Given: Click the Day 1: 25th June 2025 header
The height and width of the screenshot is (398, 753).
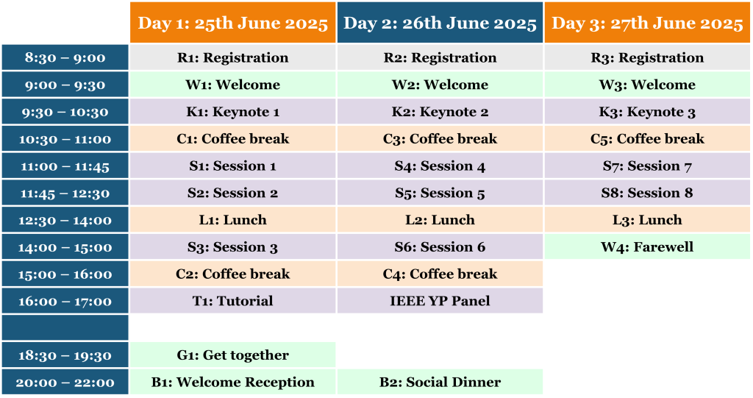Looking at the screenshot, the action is coord(233,23).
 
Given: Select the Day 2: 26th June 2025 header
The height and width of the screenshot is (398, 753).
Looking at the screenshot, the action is coord(440,23).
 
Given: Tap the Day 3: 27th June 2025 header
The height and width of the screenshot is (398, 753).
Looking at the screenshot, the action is coord(647,23).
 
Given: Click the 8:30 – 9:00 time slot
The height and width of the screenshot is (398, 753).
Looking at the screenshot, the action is coord(65,57).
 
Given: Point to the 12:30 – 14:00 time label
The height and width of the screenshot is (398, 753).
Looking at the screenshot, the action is coord(65,220).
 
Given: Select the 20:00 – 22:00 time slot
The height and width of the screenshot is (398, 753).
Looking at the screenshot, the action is coord(65,382).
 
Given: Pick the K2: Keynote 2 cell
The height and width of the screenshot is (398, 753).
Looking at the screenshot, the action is coord(440,112).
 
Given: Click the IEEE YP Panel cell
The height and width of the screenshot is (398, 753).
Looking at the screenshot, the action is coord(440,301).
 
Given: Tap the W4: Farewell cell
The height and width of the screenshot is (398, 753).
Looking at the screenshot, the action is coord(647,246).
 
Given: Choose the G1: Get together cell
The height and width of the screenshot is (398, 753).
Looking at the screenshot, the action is coord(233,355).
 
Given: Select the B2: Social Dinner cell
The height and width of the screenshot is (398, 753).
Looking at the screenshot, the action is coord(440,382).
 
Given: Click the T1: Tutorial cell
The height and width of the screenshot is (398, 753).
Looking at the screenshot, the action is coord(233,301).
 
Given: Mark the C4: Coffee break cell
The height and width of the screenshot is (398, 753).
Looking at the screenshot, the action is coord(440,274).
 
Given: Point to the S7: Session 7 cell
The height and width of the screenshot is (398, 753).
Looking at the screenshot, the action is coord(647,166).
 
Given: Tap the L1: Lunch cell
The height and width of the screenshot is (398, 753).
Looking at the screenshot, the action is coord(233,220).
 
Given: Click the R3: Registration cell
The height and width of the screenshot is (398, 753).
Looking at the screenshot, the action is coord(647,57).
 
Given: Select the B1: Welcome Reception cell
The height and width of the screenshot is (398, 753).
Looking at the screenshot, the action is coord(233,382).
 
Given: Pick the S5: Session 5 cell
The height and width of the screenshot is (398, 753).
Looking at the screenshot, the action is coord(440,193).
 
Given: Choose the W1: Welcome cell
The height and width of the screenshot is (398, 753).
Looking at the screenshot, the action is coord(233,85).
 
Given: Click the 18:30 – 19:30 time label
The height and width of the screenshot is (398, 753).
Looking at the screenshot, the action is coord(65,355).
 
